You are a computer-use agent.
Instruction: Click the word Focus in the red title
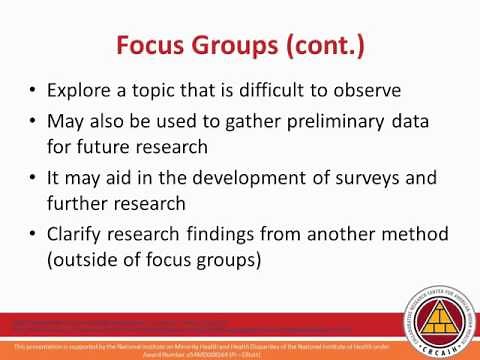tap(151, 46)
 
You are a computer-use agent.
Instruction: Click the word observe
tap(365, 90)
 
